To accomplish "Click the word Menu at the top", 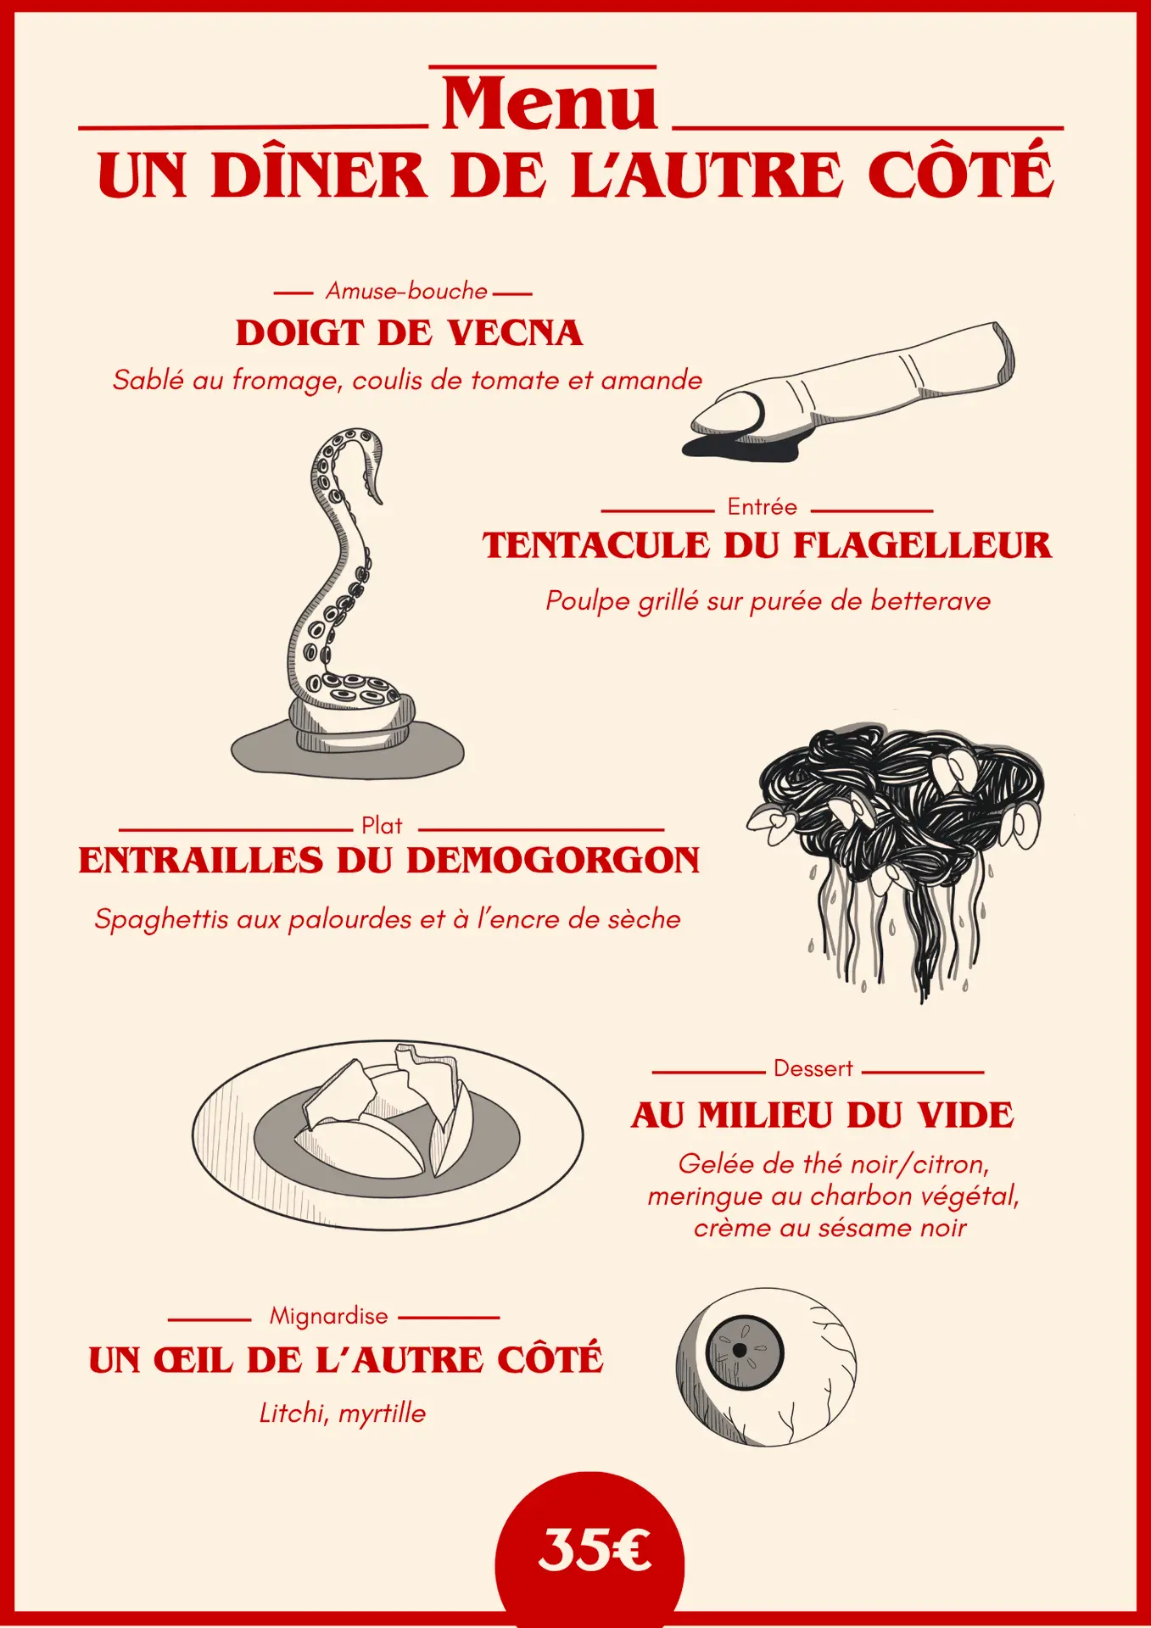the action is (x=549, y=103).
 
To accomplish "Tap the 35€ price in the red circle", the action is (x=595, y=1549).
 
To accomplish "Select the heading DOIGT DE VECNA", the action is (x=409, y=333).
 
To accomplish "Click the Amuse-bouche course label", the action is (x=406, y=291).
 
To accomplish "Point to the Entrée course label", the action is (x=763, y=507).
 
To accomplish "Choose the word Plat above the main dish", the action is (x=382, y=826).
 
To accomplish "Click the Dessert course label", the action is (x=813, y=1068).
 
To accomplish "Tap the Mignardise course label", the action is (x=328, y=1316).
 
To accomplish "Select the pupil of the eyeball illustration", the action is (x=740, y=1350).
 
